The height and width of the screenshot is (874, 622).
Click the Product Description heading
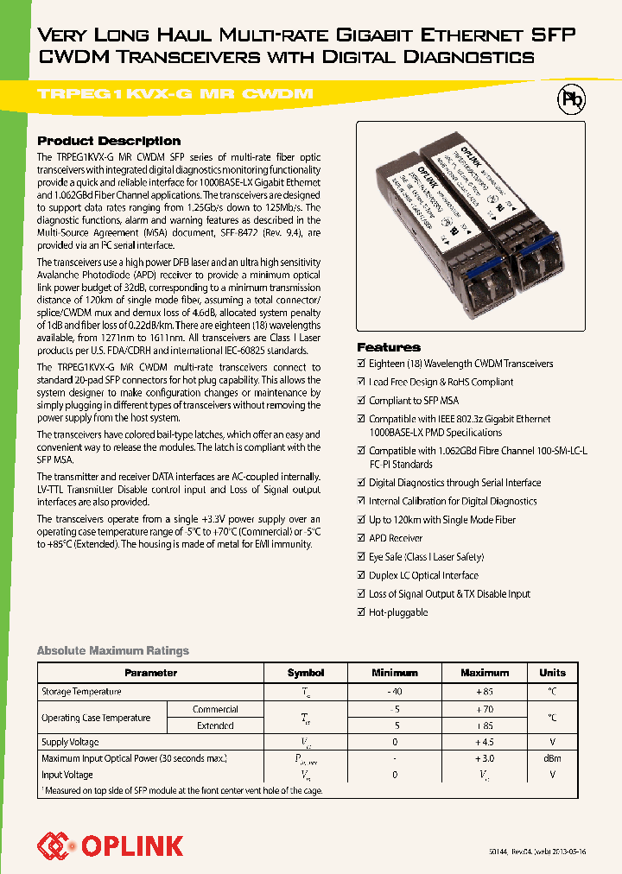coord(109,141)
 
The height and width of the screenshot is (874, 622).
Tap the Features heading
coord(389,347)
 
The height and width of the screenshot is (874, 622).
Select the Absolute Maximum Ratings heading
coord(112,650)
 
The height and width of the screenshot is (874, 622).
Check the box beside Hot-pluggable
coord(362,612)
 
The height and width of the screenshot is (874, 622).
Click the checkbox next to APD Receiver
coord(362,538)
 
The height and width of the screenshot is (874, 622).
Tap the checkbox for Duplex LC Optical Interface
coord(362,575)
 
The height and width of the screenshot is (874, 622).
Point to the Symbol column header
coord(306,673)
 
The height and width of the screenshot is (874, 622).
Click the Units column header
coord(552,673)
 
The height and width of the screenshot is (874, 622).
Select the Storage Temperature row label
coord(81,692)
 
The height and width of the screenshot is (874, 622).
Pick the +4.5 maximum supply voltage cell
coord(484,742)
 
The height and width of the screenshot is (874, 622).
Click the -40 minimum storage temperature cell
coord(394,692)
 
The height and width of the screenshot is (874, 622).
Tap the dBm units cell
coord(552,758)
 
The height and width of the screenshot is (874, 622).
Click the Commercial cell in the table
coord(215,709)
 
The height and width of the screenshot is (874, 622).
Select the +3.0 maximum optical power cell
coord(484,758)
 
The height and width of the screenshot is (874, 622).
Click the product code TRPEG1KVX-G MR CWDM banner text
coord(175,94)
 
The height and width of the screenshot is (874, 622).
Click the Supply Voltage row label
coord(71,742)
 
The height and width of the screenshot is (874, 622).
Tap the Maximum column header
coord(484,673)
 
